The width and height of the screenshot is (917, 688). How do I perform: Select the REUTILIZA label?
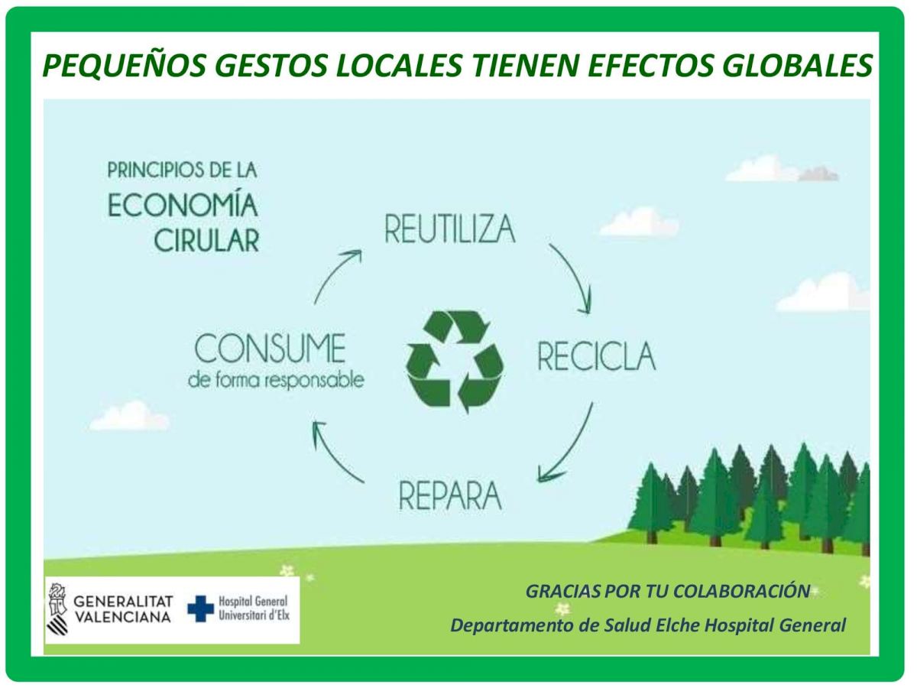[x=450, y=229]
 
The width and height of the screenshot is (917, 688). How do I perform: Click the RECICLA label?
[x=597, y=356]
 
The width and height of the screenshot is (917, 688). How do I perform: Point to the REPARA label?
[x=450, y=495]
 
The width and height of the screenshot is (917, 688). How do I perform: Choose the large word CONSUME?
[x=270, y=348]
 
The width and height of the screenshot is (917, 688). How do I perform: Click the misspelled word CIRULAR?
[x=206, y=241]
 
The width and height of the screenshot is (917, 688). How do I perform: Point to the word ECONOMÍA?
[x=183, y=204]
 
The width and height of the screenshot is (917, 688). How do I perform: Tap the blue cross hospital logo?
[x=200, y=608]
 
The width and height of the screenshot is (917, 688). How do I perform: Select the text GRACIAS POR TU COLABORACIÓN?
[x=668, y=592]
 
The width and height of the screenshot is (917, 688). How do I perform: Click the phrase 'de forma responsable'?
[x=276, y=381]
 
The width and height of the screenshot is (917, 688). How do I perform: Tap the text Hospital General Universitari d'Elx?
[x=254, y=608]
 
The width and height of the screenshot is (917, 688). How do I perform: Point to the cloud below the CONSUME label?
[x=129, y=416]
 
